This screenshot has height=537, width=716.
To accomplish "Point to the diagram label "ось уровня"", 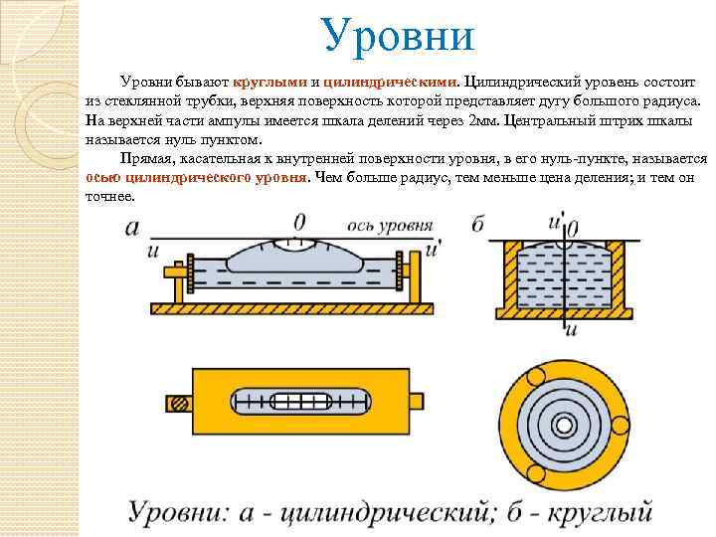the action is (382, 226).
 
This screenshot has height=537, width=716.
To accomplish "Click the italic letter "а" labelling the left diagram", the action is (133, 228).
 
